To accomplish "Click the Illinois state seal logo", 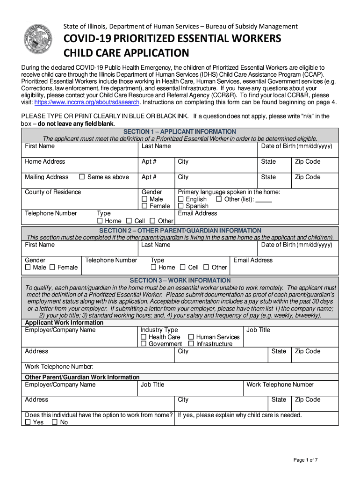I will coord(39,40).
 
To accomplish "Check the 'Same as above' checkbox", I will coord(82,177).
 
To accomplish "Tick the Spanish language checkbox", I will coord(181,206).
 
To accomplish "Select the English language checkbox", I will coord(181,199).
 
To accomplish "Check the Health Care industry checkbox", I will coord(144,337).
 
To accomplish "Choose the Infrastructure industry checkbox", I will coord(191,344).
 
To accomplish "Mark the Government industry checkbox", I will coord(144,344).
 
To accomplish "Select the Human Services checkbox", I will coord(191,337).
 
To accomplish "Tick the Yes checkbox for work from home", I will coord(28,422).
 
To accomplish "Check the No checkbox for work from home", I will coord(55,422).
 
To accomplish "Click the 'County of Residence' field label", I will coord(53,192).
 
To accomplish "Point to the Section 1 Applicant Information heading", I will coord(180,132).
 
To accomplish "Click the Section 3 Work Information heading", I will coord(180,281).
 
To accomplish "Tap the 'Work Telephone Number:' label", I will coord(59,367).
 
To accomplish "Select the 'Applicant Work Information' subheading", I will coord(64,323).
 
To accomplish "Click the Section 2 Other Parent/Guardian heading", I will coord(180,231).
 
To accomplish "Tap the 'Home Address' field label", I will coord(45,162).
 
